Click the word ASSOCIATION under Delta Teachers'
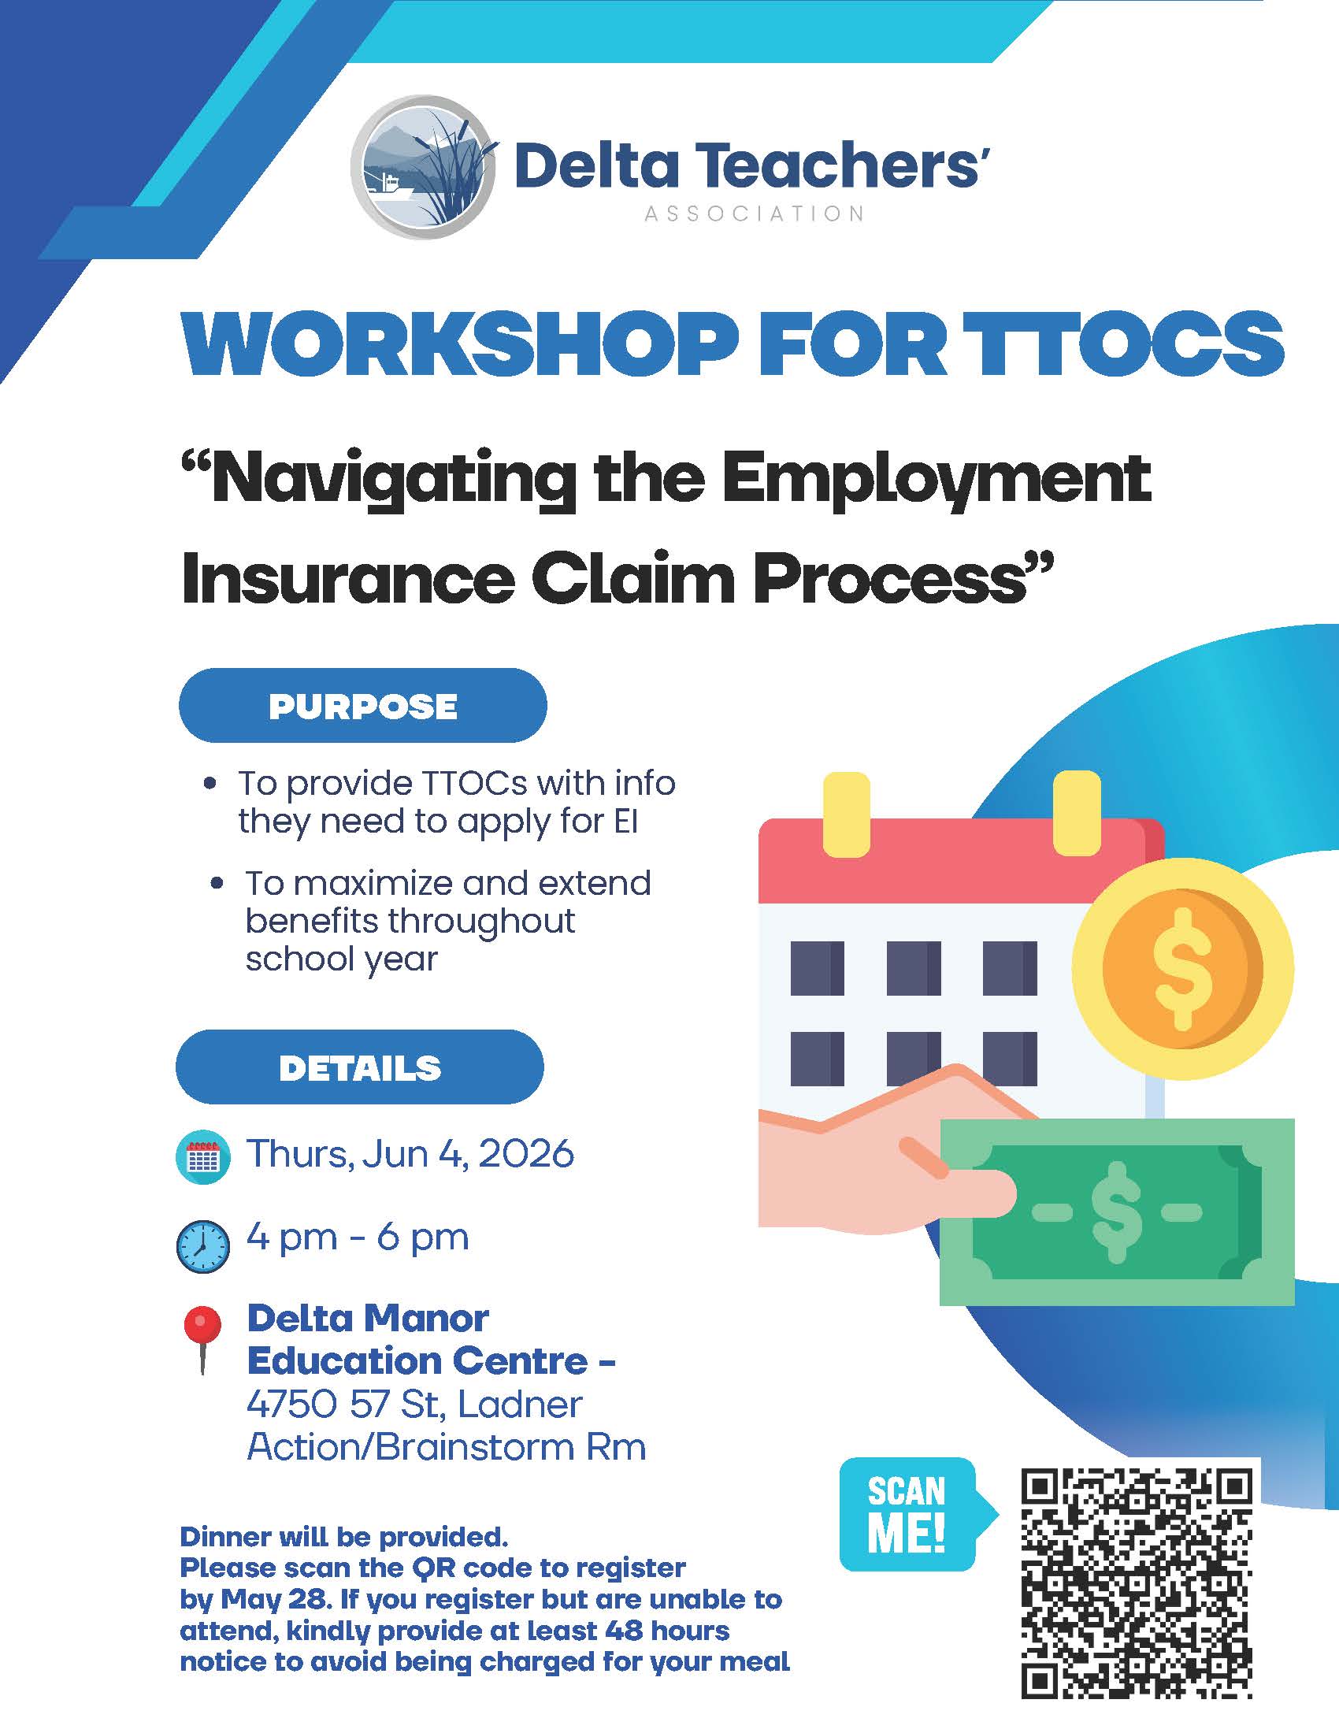(755, 214)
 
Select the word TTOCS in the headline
(1129, 343)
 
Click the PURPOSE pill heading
(362, 706)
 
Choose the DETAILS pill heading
(359, 1067)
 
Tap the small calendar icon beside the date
(202, 1157)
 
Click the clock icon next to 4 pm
(203, 1247)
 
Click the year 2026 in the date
(526, 1154)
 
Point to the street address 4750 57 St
(347, 1404)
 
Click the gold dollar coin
(1183, 970)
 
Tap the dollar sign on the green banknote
(1117, 1212)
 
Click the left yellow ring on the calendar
(847, 815)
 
